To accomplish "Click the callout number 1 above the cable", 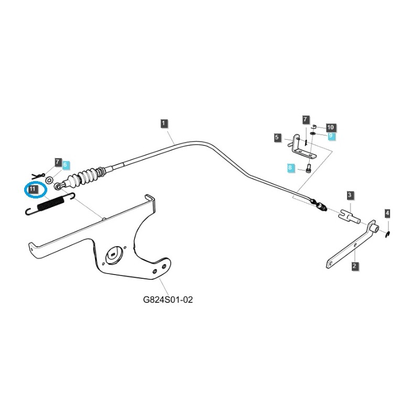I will pos(164,123).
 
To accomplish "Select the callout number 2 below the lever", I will pos(354,266).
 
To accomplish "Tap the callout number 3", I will pos(350,195).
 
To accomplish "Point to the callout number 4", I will pos(387,213).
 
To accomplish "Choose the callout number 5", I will pos(277,137).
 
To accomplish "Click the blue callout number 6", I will pos(66,164).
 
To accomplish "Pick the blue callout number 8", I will pos(290,167).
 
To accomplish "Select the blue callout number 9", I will pos(331,135).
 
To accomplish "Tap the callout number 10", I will pos(330,127).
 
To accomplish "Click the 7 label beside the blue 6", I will pos(58,162).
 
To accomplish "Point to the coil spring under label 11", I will pos(50,203).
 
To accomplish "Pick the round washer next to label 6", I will pos(49,180).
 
